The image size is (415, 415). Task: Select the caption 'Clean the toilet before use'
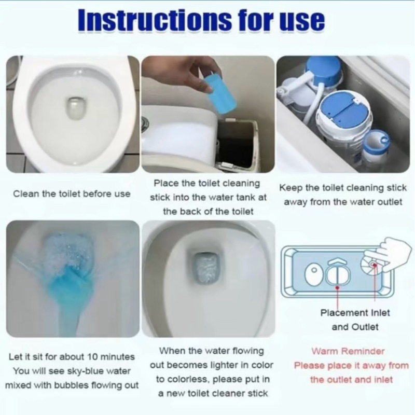pos(72,193)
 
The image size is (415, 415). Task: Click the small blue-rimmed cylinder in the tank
pos(376,144)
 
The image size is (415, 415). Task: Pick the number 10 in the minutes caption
pos(93,357)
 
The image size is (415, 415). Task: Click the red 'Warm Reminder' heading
pos(348,351)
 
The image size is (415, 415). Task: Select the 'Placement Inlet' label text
pos(355,313)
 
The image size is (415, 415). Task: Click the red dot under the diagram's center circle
pos(338,288)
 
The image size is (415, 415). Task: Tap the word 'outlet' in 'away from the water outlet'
pos(390,202)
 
